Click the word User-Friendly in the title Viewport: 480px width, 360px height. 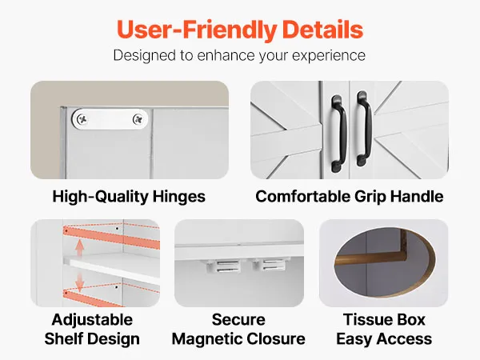click(x=197, y=30)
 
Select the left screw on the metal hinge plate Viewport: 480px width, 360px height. click(x=82, y=118)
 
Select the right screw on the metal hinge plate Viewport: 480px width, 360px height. click(x=138, y=119)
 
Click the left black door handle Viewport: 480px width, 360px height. click(x=339, y=133)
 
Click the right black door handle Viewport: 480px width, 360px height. click(x=364, y=129)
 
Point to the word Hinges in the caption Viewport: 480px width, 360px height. click(x=178, y=197)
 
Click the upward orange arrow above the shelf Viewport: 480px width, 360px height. click(x=80, y=247)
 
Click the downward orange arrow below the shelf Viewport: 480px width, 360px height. click(x=80, y=282)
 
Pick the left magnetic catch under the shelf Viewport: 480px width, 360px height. click(x=224, y=266)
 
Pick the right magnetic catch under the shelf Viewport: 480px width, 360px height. click(x=270, y=265)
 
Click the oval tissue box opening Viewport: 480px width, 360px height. click(x=385, y=262)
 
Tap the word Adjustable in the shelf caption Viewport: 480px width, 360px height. click(x=92, y=320)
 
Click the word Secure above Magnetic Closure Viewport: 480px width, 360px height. click(x=238, y=320)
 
